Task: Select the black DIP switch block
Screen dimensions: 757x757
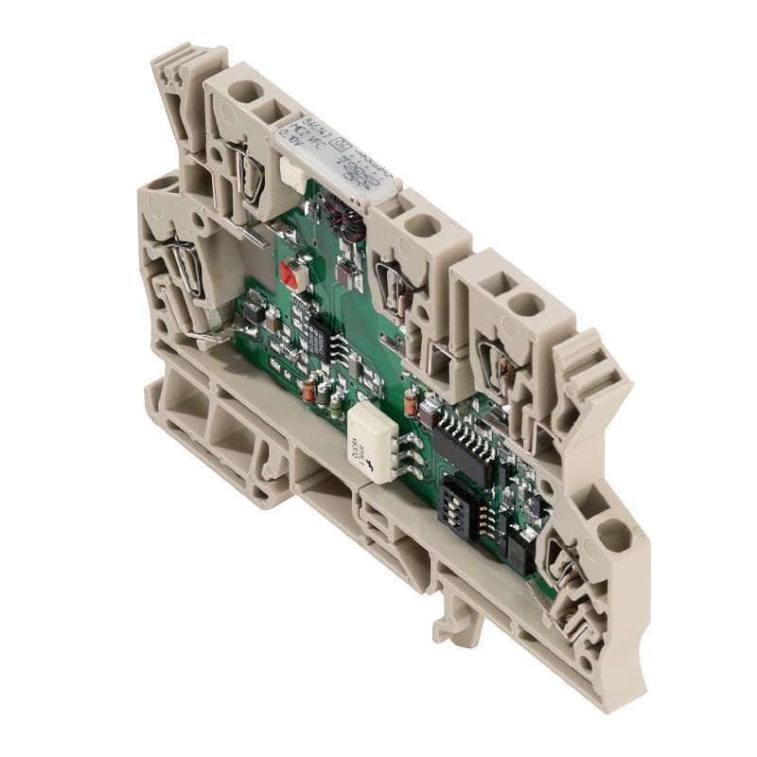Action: [x=455, y=506]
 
